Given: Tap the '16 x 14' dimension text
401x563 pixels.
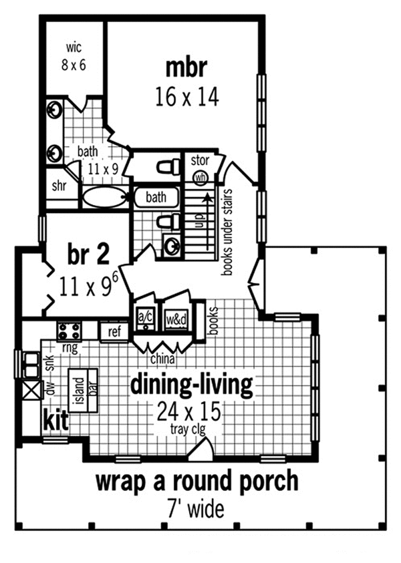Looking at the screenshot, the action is tap(187, 97).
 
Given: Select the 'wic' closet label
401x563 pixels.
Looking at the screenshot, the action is tap(74, 47).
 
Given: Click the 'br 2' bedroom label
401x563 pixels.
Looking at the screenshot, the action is tap(88, 254).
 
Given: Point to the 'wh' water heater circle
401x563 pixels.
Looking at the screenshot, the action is tap(200, 177).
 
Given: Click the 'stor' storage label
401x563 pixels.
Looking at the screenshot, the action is tap(200, 160).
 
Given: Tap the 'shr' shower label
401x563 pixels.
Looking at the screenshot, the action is tap(59, 186).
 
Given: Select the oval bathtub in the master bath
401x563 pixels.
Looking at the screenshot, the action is tap(105, 197).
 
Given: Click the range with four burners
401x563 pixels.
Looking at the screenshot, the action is tap(70, 331).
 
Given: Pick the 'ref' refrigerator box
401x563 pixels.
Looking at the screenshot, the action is tap(114, 332).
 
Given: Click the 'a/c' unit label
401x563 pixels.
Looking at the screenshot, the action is tap(146, 317).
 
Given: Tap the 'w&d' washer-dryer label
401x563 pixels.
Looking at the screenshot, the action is tap(176, 319).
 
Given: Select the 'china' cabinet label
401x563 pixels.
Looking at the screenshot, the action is tap(163, 359).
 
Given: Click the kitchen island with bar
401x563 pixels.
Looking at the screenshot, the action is tap(84, 391).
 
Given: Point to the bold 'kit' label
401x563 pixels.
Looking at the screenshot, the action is tap(55, 419).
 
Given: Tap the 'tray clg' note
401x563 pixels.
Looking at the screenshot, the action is tap(188, 429).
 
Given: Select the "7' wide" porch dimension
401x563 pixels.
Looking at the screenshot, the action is tap(196, 508).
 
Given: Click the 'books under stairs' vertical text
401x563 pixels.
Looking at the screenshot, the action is tap(227, 232).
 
